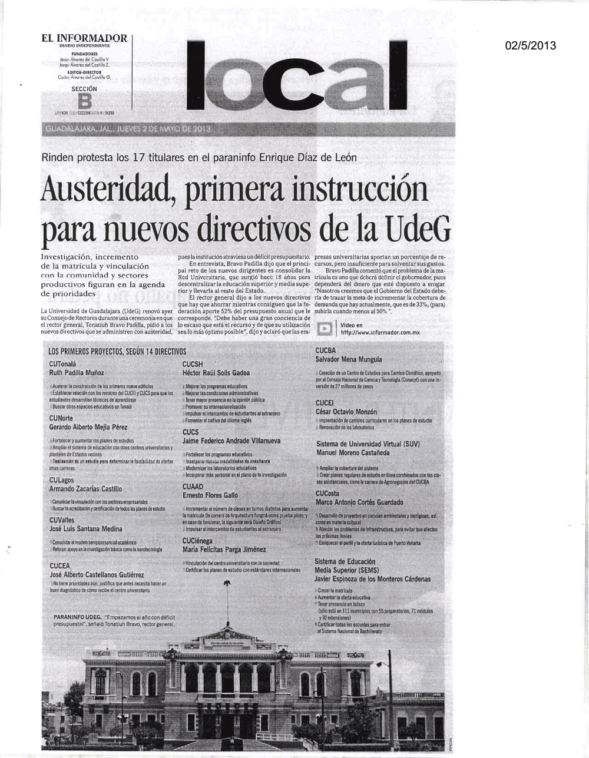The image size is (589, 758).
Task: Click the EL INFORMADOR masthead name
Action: [84, 38]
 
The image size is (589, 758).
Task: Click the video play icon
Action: [323, 329]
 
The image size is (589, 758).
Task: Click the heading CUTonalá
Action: [63, 364]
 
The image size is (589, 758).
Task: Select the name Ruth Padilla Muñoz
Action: [77, 373]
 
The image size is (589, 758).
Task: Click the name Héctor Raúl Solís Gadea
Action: [216, 373]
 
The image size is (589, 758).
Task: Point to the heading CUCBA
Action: [326, 350]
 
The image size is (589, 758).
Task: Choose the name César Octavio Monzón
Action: [346, 412]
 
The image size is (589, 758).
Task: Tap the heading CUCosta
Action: [327, 493]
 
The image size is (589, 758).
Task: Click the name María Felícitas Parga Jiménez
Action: [224, 549]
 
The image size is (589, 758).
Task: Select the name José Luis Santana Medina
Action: [86, 528]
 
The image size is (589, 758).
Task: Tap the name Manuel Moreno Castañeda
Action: [353, 453]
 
